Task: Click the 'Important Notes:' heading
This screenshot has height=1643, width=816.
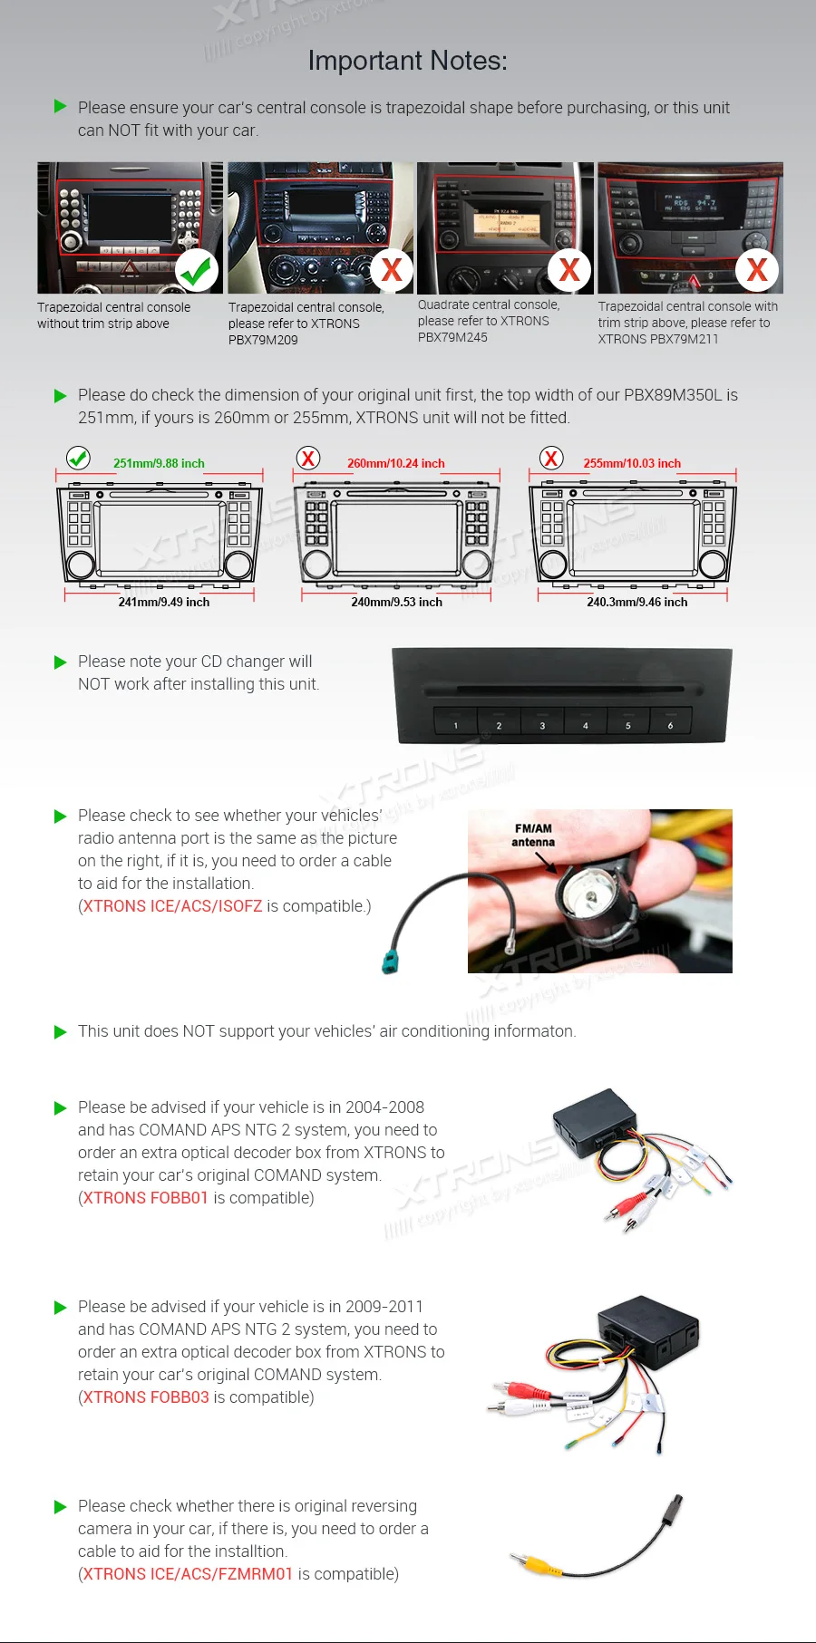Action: point(407,61)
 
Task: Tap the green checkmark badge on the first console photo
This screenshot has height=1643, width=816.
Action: point(196,270)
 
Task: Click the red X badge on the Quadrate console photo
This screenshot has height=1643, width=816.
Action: point(569,270)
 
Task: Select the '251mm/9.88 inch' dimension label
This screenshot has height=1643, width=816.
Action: point(159,463)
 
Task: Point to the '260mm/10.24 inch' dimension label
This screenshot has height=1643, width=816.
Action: point(395,463)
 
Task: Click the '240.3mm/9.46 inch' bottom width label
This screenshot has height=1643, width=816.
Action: point(636,602)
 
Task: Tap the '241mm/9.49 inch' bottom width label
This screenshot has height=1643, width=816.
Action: point(163,602)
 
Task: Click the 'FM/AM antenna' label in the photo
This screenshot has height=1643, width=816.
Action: point(533,835)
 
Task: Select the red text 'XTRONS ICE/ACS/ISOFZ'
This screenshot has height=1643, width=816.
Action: point(172,906)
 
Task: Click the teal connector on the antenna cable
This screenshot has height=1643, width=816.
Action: point(391,961)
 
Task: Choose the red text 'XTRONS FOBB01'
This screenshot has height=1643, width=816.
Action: point(145,1198)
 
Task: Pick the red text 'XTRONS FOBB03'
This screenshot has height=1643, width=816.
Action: point(145,1397)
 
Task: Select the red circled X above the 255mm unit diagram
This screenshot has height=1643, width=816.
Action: point(551,458)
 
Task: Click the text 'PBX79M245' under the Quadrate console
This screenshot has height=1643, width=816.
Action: point(452,337)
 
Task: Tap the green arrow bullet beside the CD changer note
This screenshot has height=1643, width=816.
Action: point(61,662)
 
